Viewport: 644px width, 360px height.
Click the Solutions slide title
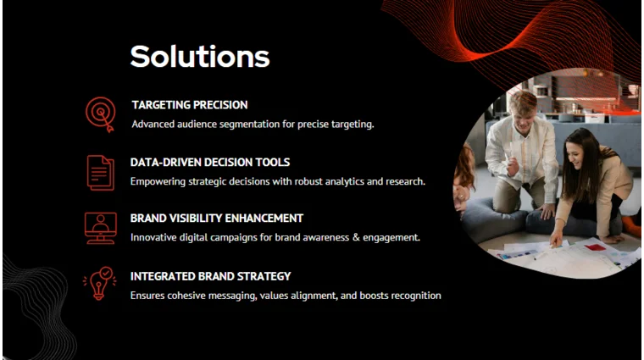[200, 56]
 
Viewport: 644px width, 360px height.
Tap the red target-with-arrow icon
[101, 113]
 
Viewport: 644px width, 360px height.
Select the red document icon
[101, 172]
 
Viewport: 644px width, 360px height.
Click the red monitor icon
[101, 228]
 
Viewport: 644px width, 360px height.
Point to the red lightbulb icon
[100, 284]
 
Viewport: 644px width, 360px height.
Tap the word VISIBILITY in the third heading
[201, 218]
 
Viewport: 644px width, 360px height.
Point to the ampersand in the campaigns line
[356, 237]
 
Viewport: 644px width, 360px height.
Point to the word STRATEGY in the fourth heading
[262, 275]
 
